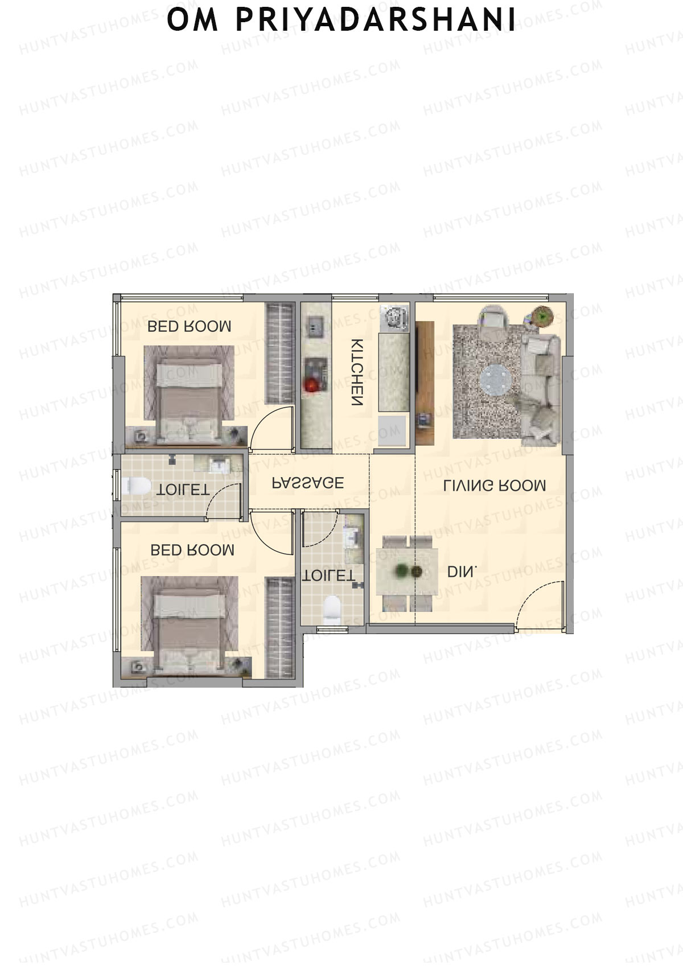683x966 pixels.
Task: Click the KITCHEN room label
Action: point(357,372)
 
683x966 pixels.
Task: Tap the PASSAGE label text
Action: point(308,483)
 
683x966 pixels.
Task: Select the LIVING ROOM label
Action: point(495,486)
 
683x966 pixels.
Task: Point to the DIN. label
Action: point(462,572)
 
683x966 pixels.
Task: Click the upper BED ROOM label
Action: point(189,326)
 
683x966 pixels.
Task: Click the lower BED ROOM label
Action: point(192,550)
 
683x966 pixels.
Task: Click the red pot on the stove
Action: point(311,384)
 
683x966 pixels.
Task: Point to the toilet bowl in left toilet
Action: point(135,487)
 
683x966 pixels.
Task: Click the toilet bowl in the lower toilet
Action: point(331,608)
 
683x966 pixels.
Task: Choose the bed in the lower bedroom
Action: point(189,622)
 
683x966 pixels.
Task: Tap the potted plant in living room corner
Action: point(542,315)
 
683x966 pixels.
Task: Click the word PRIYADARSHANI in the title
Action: point(376,20)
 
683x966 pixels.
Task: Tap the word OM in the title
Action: point(192,20)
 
